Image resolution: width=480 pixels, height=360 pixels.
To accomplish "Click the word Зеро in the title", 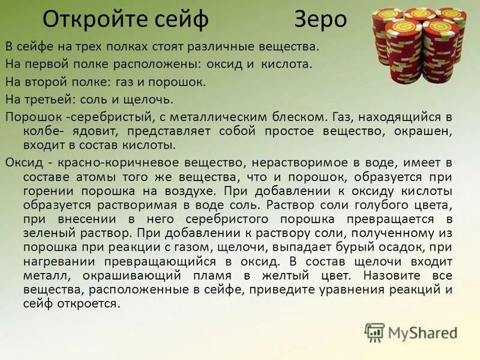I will (x=320, y=20).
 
